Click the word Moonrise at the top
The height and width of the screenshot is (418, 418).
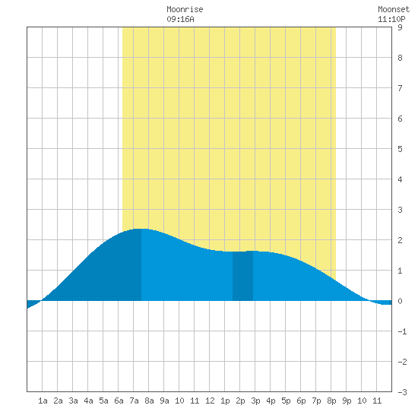tap(185, 9)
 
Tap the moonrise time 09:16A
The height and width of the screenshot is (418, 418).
tap(180, 19)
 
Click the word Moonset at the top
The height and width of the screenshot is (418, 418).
tap(394, 9)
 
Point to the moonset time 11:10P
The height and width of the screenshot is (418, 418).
tap(391, 19)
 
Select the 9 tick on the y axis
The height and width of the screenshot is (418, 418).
tap(400, 27)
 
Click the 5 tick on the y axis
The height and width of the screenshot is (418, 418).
tap(400, 149)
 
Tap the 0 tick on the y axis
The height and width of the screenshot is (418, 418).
tap(400, 301)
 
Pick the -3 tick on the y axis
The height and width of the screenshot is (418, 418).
tap(402, 392)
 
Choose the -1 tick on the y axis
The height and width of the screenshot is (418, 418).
tap(402, 331)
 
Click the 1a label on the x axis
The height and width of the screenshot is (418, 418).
tap(43, 401)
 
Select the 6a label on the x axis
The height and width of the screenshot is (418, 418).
tap(119, 401)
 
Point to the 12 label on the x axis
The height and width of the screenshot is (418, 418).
tap(210, 401)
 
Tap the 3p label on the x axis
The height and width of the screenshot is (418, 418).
tap(255, 401)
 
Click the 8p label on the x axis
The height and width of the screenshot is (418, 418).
tap(331, 401)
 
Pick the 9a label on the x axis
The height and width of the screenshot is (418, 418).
tap(164, 401)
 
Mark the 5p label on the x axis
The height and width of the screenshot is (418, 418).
tap(286, 401)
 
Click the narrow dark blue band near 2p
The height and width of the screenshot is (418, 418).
tap(242, 276)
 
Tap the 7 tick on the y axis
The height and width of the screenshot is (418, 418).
tap(400, 88)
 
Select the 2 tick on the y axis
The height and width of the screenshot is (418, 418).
tap(400, 240)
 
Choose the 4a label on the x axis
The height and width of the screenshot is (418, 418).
tap(88, 401)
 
